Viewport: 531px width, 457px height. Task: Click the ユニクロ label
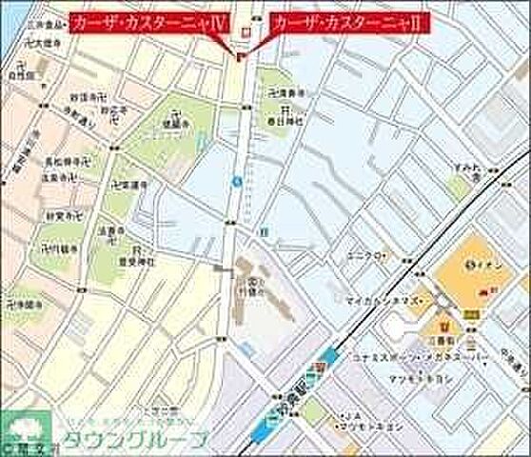pyautogui.click(x=365, y=255)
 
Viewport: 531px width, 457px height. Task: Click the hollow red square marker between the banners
pyautogui.click(x=245, y=32)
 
